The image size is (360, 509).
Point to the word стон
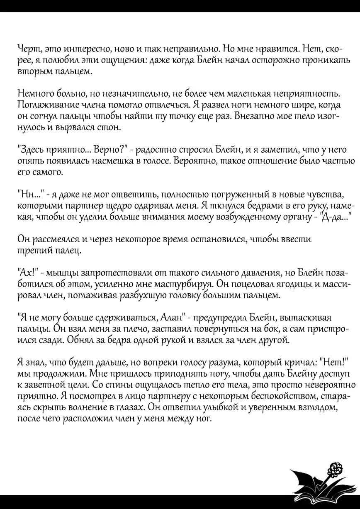point(109,128)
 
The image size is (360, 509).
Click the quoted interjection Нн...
point(27,195)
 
